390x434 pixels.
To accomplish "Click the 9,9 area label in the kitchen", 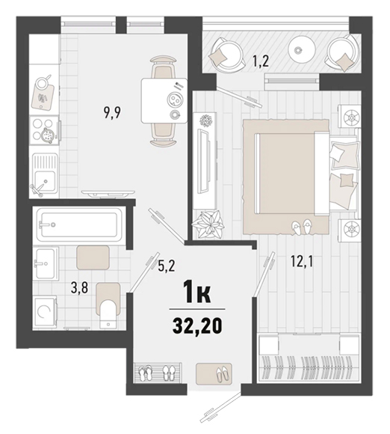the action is tap(112, 113).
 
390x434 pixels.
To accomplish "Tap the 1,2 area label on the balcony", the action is tap(261, 61).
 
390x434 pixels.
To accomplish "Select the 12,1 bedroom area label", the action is tap(302, 261).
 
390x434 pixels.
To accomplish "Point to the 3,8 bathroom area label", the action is tap(79, 288).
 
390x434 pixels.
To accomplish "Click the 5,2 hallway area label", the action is tap(167, 267).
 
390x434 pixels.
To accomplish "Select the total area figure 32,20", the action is tap(197, 326).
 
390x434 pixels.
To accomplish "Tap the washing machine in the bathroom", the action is tap(45, 313).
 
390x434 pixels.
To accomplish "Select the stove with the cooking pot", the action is tap(44, 131).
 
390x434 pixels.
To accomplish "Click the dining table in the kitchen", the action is tap(164, 100).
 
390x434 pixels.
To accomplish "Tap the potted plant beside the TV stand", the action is tap(208, 224).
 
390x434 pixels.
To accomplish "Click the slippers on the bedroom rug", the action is tap(301, 227).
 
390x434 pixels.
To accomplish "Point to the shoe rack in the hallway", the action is tap(158, 373).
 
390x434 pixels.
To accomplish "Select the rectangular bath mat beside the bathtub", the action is tap(93, 257).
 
